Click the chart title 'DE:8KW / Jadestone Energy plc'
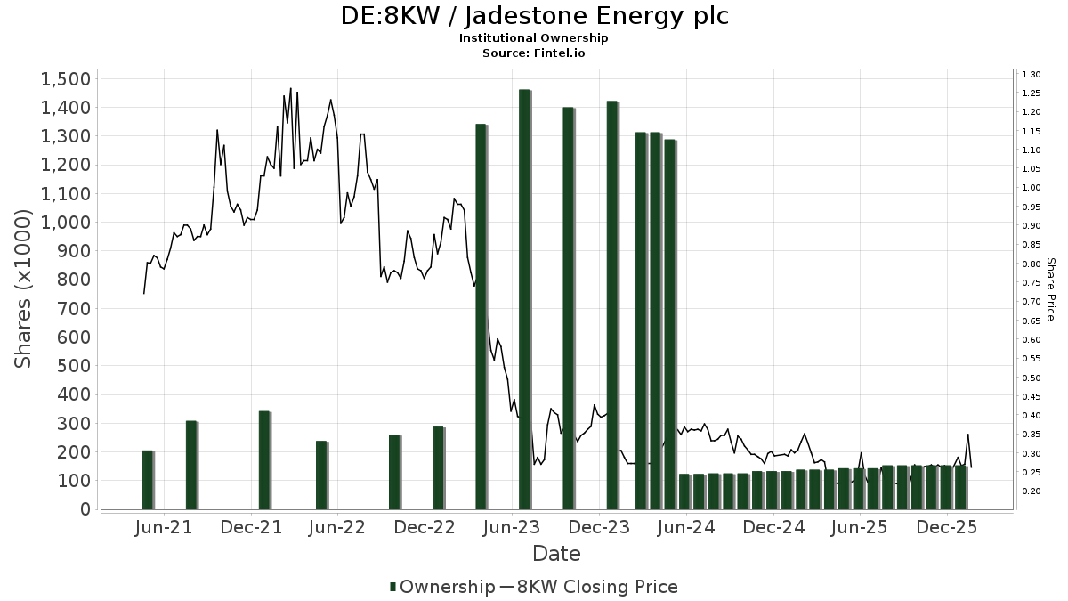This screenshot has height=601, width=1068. coord(534,16)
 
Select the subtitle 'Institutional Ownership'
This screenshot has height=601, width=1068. coord(534,38)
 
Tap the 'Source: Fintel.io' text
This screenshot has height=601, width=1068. coord(534,53)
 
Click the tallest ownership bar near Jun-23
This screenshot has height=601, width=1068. coord(524,299)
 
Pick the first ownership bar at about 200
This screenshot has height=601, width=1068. coord(148,480)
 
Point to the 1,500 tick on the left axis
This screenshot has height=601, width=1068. coord(66,79)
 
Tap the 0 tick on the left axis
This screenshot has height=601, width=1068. coord(85,509)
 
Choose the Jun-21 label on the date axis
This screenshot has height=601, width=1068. coord(166,527)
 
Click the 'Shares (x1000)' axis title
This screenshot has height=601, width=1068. coord(24,289)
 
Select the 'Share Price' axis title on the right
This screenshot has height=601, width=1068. coord(1050,289)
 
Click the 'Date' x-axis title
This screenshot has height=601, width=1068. coord(556,554)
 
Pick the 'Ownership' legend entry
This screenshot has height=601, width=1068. coord(441,587)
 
